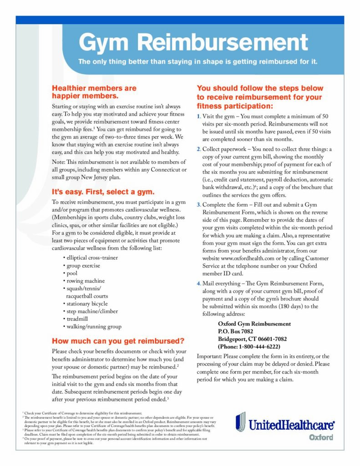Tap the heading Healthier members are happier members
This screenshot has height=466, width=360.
[94, 92]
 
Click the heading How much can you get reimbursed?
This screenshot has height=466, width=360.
[118, 341]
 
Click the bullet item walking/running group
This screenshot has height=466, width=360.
[93, 327]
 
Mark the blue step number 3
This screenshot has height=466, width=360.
[199, 205]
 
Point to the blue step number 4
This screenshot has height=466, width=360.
[199, 284]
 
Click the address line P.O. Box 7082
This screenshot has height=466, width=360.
[235, 331]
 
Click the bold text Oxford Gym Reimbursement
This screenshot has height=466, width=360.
[254, 324]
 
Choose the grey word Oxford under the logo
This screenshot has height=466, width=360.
[321, 438]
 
